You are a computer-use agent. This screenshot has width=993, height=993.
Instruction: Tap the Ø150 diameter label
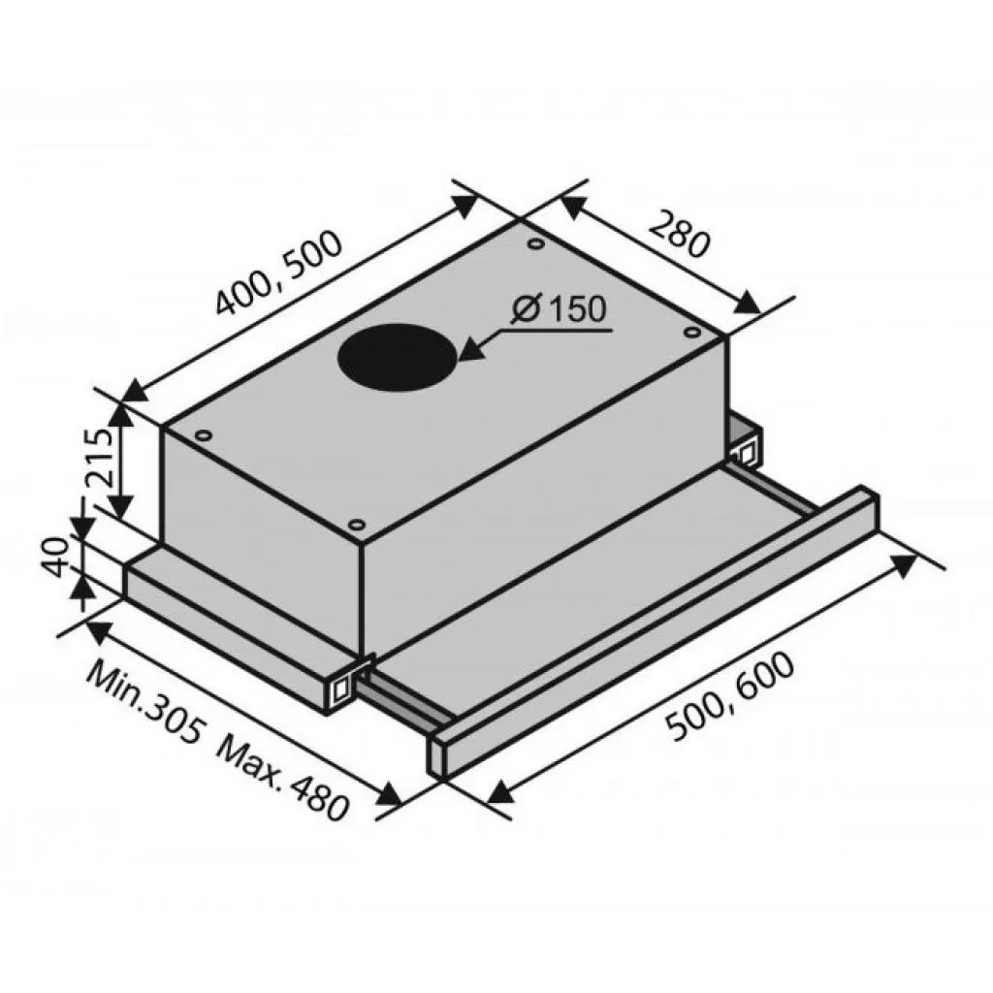559,309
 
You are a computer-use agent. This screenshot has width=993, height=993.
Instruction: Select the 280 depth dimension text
681,235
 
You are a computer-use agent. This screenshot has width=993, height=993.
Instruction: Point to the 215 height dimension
100,458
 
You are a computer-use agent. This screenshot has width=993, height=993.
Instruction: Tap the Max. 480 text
283,779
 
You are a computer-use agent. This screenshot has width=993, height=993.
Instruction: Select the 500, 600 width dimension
731,696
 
